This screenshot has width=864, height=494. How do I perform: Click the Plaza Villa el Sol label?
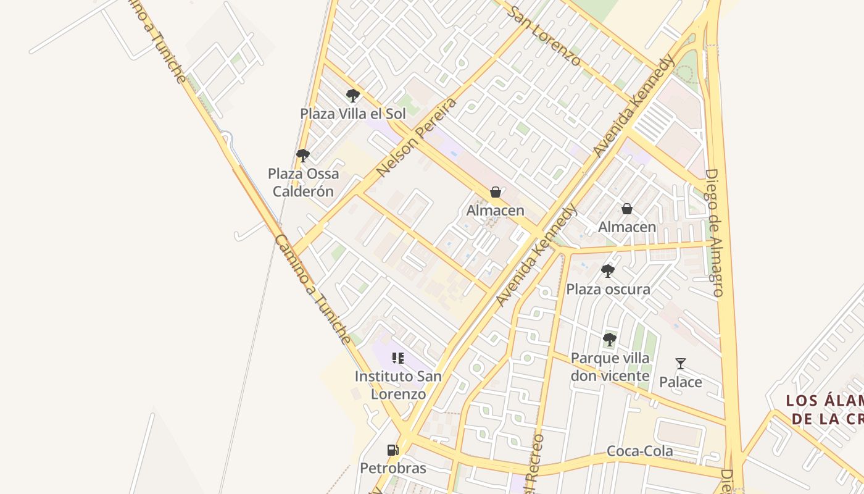[353, 114]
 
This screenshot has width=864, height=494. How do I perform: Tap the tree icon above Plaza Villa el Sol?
[353, 96]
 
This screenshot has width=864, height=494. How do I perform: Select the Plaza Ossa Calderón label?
[303, 182]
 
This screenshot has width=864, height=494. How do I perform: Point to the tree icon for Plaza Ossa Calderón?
[302, 155]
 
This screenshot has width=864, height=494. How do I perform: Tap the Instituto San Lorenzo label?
[398, 385]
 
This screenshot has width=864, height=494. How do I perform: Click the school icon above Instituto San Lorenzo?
[398, 358]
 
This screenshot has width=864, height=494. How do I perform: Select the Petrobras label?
[393, 468]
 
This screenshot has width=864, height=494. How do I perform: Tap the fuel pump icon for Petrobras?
[393, 450]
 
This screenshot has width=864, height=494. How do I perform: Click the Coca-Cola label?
[640, 451]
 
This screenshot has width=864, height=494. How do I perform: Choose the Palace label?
[680, 382]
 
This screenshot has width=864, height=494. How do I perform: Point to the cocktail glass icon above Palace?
[681, 364]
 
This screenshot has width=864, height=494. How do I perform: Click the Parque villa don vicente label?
[610, 367]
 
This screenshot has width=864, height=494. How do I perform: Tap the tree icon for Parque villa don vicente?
[609, 339]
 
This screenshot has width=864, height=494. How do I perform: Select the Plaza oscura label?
[608, 289]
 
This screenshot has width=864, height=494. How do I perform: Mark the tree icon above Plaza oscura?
[608, 270]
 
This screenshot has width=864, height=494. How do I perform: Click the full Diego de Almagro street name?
[714, 233]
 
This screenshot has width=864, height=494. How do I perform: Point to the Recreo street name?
[535, 463]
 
